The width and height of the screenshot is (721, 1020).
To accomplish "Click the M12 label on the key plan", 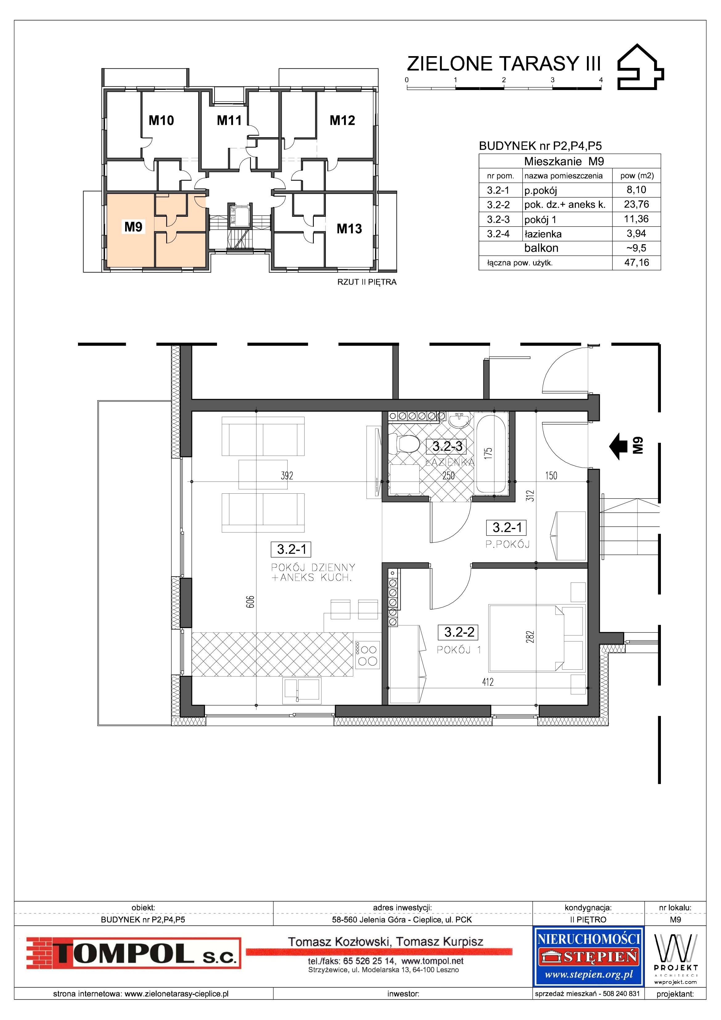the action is (342, 120).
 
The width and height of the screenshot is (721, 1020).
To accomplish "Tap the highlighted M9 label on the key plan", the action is (133, 227).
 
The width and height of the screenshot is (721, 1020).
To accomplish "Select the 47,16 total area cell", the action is (637, 262).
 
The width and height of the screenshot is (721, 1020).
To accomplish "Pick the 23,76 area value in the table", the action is (637, 204).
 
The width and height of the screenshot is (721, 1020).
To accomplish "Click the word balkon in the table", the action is (541, 248).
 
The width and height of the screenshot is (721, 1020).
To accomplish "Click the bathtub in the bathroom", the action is (490, 453).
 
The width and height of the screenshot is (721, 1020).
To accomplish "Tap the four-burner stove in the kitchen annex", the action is (367, 655).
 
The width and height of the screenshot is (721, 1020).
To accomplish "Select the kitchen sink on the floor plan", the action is (302, 691).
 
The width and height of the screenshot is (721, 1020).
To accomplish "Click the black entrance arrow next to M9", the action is (621, 446).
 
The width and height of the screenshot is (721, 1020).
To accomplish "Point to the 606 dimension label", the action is (250, 602).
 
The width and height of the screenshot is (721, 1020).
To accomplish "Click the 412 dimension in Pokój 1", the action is (488, 682).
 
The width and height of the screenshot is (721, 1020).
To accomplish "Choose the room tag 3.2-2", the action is (459, 632).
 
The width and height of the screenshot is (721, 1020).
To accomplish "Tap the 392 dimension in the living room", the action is (287, 476).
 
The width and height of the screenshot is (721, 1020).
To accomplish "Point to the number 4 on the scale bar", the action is (601, 80).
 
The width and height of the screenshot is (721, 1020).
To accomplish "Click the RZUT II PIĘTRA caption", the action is (367, 282).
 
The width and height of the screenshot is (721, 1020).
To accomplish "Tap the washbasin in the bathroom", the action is (459, 420).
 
